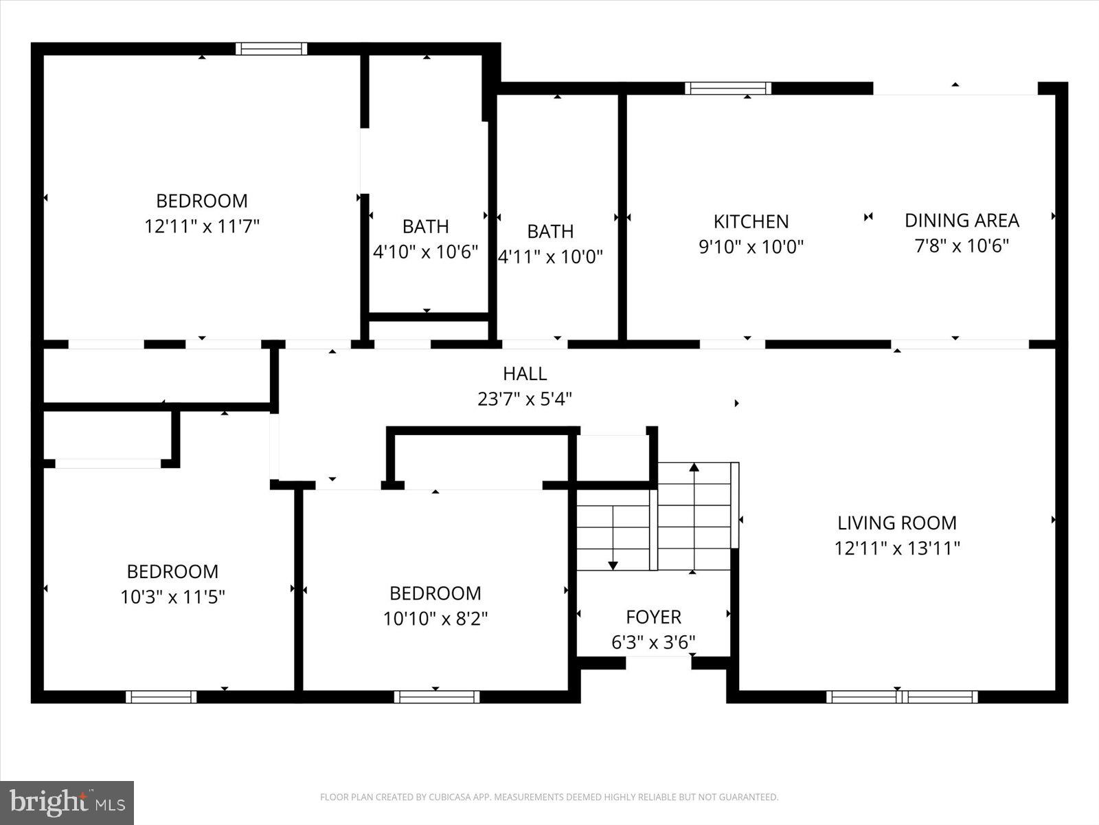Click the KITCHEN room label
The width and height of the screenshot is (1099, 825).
(751, 221)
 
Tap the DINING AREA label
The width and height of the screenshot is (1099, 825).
(961, 220)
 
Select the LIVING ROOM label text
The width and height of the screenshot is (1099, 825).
(896, 522)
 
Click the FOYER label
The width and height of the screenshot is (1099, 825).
(653, 617)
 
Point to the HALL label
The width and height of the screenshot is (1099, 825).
(525, 373)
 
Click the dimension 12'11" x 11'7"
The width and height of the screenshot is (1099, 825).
(201, 226)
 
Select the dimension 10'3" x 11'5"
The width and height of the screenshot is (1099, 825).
(172, 597)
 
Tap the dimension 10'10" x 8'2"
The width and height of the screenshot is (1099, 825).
(435, 619)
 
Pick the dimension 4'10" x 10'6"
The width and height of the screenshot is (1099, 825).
(425, 252)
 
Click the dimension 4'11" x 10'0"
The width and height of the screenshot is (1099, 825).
(550, 256)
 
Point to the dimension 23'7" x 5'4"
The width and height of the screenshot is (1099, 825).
(525, 399)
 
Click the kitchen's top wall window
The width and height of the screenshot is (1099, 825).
(727, 88)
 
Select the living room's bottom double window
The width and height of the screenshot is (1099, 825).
(901, 696)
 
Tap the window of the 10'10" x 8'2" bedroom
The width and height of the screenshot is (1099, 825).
(437, 696)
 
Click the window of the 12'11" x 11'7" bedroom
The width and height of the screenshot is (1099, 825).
(271, 48)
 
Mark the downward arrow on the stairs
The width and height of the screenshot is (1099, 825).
(613, 565)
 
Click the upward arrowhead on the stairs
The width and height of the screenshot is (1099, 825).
(694, 467)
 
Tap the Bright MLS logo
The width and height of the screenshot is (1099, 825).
(67, 802)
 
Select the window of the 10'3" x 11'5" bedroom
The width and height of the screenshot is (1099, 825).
(161, 696)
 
